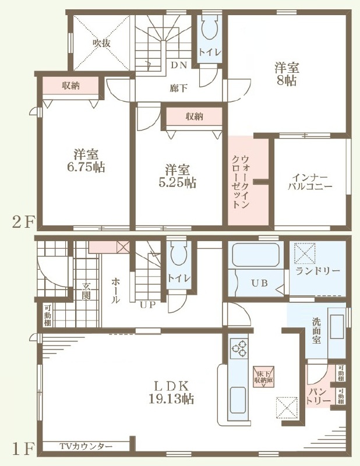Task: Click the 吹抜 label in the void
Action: (x=102, y=43)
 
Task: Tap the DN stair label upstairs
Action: (x=179, y=65)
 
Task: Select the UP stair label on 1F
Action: (x=148, y=305)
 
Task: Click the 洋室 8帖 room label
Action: (x=287, y=74)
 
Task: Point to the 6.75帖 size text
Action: (x=86, y=167)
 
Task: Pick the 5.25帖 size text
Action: (x=177, y=183)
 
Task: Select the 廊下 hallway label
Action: (x=179, y=88)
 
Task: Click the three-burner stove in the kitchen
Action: (x=239, y=347)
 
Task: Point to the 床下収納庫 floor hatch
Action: (x=264, y=376)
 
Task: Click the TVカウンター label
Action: (x=86, y=446)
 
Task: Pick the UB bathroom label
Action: (x=260, y=283)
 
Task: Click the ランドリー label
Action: (x=318, y=271)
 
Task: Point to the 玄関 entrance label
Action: (x=86, y=291)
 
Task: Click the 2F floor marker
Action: (x=22, y=222)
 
